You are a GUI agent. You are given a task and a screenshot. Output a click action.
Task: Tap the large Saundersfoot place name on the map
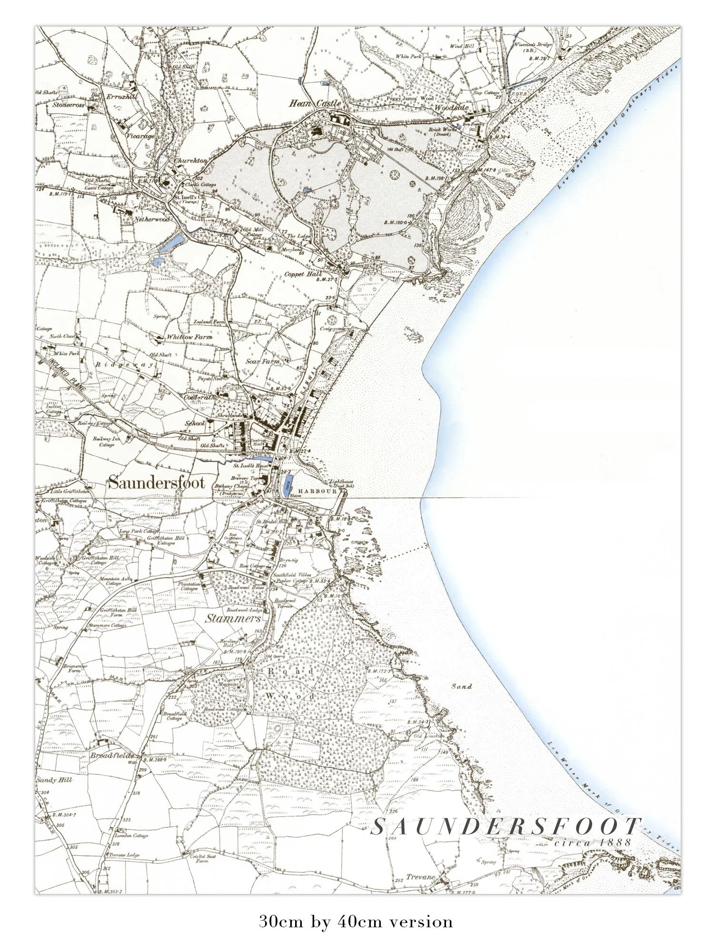pos(157,483)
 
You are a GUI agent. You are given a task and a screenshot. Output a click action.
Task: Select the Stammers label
pos(233,619)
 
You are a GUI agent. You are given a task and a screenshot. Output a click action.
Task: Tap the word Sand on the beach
pos(462,686)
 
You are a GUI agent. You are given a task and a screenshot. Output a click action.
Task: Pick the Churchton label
pos(190,160)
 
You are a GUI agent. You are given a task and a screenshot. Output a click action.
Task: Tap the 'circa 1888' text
pos(592,842)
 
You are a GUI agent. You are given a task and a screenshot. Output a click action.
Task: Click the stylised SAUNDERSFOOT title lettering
pos(505,827)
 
